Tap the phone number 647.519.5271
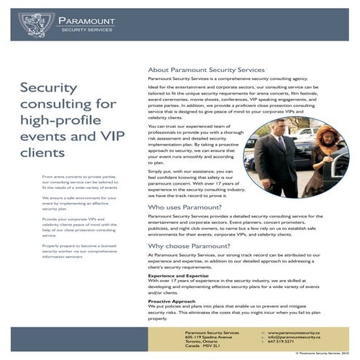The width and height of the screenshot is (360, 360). tap(281, 343)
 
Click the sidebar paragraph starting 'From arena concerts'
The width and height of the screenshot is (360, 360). tap(80, 182)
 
